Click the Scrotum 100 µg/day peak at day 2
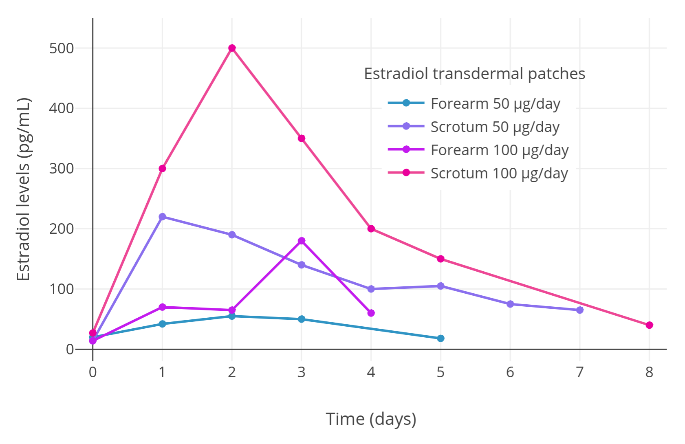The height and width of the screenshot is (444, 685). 232,48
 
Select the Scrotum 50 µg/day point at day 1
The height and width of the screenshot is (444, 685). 162,217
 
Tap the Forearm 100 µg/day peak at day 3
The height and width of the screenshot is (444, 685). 302,241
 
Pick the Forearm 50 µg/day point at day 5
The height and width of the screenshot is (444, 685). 441,338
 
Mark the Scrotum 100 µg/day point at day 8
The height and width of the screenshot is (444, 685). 649,325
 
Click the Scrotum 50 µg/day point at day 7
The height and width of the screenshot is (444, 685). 579,310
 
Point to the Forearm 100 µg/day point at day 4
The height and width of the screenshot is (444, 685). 371,313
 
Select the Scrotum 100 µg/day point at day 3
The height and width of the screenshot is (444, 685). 302,138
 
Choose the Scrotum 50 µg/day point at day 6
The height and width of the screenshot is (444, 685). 510,304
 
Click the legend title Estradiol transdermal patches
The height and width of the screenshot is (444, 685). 474,74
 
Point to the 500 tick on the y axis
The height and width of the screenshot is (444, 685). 62,48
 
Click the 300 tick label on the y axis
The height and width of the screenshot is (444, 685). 62,169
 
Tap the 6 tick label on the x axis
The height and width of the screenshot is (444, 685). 510,372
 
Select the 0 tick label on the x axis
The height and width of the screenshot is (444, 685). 93,372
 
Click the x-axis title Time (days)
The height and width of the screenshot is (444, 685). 371,419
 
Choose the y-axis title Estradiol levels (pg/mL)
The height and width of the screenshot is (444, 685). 24,189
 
